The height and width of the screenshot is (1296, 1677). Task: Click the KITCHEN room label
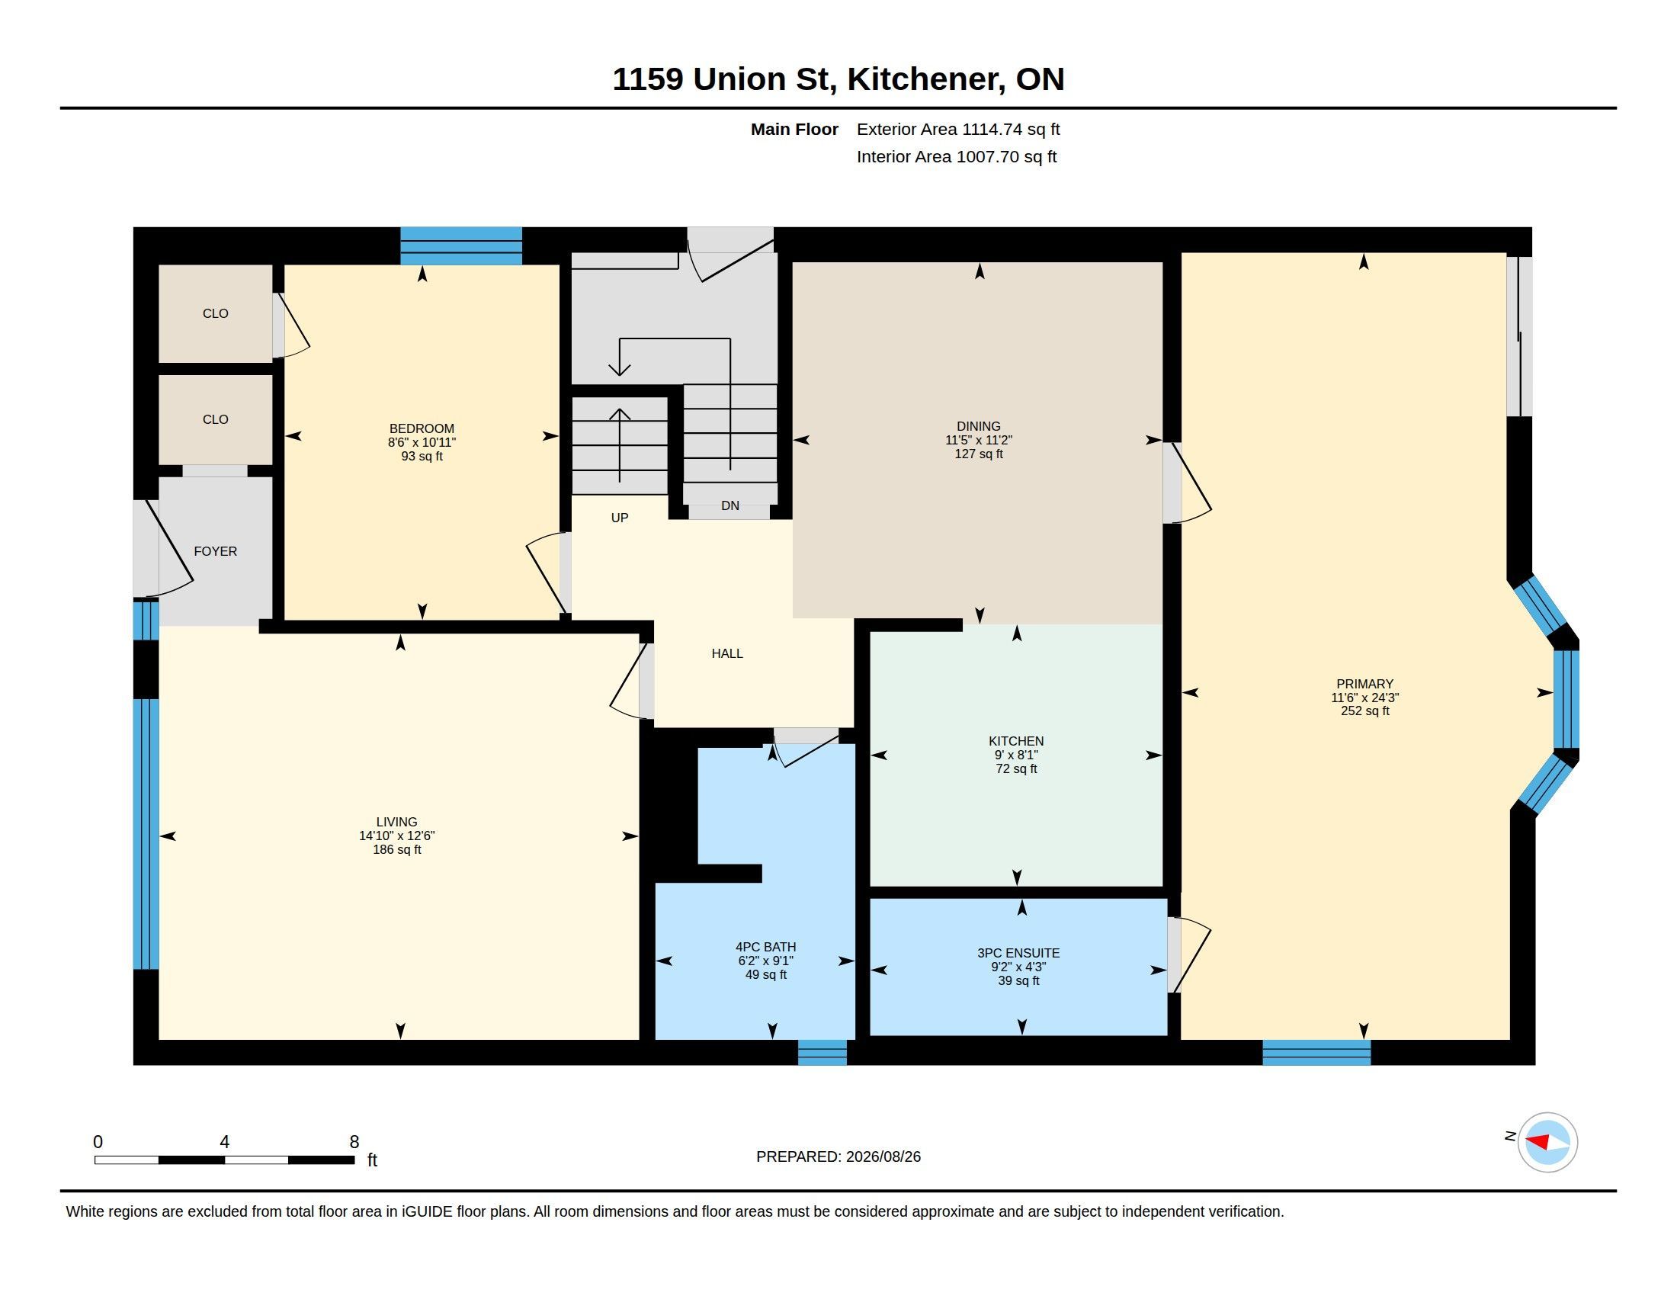point(1016,741)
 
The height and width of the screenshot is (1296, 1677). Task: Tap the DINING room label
point(978,426)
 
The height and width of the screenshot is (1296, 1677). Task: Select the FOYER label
point(215,551)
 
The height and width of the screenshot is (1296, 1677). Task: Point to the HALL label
point(727,653)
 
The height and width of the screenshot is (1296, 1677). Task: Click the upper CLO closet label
point(215,313)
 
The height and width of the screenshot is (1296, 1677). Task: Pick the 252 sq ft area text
point(1364,711)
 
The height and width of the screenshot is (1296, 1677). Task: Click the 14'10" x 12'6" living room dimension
point(397,836)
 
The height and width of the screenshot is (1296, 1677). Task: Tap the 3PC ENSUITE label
point(1018,953)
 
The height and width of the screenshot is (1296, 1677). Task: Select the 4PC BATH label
point(765,947)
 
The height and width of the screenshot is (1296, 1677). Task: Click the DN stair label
point(730,505)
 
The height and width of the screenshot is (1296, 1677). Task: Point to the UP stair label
point(620,518)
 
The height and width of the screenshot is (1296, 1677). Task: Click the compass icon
point(1547,1143)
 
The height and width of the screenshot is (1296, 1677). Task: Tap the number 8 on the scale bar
point(354,1142)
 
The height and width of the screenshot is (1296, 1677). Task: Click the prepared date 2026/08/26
point(883,1156)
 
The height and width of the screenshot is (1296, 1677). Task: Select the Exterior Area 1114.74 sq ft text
point(958,129)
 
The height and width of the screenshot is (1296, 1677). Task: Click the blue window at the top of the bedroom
point(461,245)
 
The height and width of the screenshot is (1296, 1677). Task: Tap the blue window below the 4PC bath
point(822,1052)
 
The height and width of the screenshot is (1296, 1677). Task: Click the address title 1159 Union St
point(724,79)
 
